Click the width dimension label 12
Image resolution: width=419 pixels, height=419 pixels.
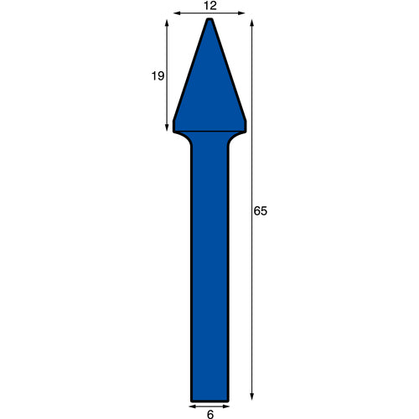[210, 6]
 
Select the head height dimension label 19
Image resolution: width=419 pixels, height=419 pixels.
[158, 76]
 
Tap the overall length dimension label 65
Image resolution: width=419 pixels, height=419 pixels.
[261, 211]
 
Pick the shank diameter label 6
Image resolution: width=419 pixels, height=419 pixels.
[210, 415]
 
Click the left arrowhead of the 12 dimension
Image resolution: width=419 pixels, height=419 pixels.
[177, 13]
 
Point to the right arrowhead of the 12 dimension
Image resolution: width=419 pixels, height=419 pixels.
[241, 13]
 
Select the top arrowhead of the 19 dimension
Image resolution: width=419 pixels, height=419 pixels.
[167, 23]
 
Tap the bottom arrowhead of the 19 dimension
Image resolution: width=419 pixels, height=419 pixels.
[167, 127]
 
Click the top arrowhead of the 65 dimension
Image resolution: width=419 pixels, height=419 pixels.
[252, 23]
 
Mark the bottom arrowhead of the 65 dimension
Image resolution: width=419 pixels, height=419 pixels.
[252, 396]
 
